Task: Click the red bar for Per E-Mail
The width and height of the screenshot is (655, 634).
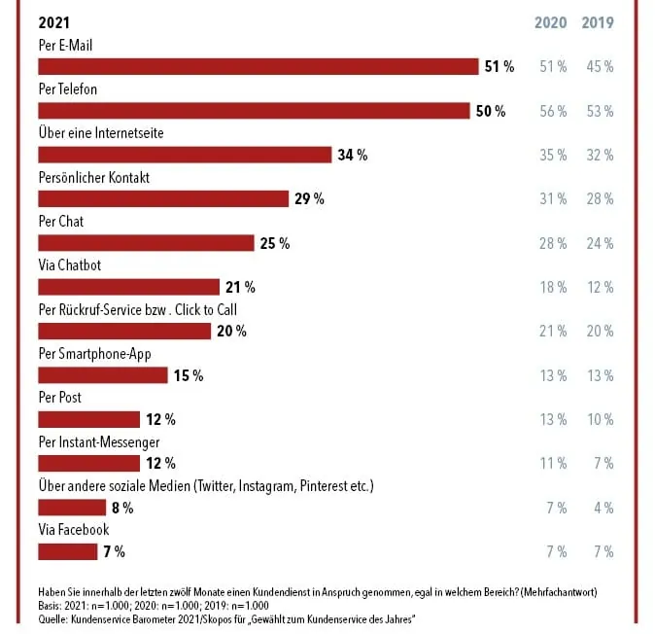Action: [x=258, y=66]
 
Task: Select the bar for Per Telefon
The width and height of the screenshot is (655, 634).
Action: [x=254, y=111]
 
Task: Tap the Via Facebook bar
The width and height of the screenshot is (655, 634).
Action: [x=67, y=551]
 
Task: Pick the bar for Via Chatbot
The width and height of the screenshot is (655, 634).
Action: [x=128, y=287]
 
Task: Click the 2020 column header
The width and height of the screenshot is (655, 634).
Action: [x=551, y=22]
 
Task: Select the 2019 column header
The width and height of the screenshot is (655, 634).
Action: [x=597, y=22]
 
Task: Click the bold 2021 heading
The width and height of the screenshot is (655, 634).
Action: [x=53, y=22]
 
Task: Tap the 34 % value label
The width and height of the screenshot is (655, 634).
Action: [x=351, y=155]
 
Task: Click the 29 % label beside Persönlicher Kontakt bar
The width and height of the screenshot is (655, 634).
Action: [x=308, y=199]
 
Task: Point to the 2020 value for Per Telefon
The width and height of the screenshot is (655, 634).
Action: [x=552, y=111]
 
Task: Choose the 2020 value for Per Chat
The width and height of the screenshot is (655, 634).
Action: [x=552, y=243]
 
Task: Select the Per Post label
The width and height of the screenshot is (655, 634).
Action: [x=59, y=398]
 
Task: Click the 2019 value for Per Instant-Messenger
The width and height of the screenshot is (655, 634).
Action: [x=602, y=464]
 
